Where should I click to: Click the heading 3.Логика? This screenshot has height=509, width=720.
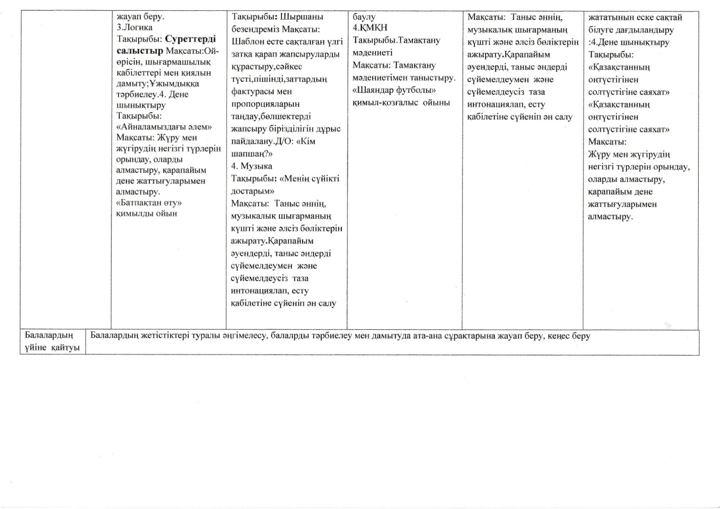(x=134, y=28)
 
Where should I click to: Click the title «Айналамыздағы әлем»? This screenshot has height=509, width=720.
(x=164, y=127)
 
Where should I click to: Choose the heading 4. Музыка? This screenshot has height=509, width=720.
(x=252, y=166)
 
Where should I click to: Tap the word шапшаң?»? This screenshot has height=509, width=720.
(x=252, y=154)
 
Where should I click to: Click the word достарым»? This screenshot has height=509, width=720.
(x=252, y=191)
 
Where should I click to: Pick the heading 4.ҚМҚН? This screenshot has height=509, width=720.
(x=370, y=28)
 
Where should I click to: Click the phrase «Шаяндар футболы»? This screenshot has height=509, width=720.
(x=394, y=90)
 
